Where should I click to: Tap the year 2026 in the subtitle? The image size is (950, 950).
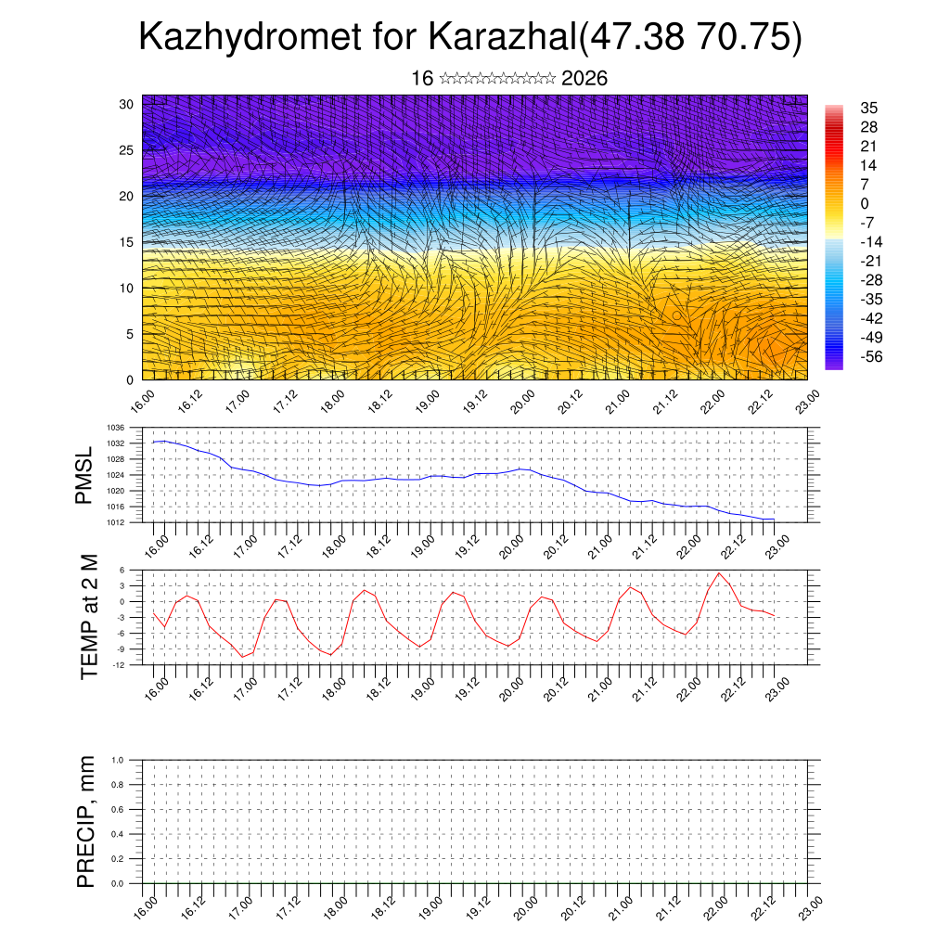[584, 79]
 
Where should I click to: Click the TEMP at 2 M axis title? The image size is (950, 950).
[89, 616]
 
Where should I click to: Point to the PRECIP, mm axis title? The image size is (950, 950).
[86, 821]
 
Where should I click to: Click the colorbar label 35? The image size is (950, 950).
[869, 108]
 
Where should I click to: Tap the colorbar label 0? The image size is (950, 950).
[865, 203]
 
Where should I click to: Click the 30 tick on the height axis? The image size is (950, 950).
[127, 104]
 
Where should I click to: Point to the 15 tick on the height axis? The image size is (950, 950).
[127, 242]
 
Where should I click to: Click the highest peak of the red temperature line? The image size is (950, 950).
[719, 573]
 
